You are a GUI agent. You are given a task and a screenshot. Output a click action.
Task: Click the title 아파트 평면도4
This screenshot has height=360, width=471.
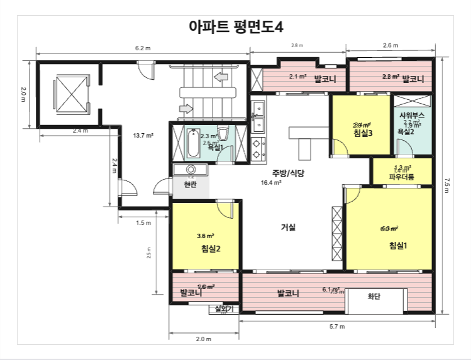coord(236,26)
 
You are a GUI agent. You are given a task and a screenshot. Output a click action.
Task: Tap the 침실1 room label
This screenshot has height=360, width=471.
coord(398,246)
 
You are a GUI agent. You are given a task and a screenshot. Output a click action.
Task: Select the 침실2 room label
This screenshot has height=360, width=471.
coord(211,249)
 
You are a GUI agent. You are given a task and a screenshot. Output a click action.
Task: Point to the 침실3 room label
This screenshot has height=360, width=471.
coord(363,133)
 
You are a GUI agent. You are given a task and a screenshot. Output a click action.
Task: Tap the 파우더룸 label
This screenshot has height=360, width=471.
coord(401,177)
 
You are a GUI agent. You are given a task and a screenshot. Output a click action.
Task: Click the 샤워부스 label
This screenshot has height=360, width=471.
coord(412,116)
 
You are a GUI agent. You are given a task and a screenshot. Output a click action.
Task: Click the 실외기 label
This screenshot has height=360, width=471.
coord(224,308)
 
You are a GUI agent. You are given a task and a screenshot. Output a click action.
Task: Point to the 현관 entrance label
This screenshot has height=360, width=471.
coord(190,185)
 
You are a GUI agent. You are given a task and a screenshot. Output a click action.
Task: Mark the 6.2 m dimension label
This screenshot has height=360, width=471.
coord(143,48)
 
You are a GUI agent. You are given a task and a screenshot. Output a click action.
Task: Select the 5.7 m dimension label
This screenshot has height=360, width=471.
coord(337,327)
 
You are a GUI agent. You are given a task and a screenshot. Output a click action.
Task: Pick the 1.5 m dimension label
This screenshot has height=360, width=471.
coord(143,222)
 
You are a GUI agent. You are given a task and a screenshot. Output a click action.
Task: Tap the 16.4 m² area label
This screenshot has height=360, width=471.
coord(272,183)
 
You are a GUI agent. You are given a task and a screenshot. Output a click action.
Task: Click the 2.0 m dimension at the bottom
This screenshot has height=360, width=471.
coord(204,339)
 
